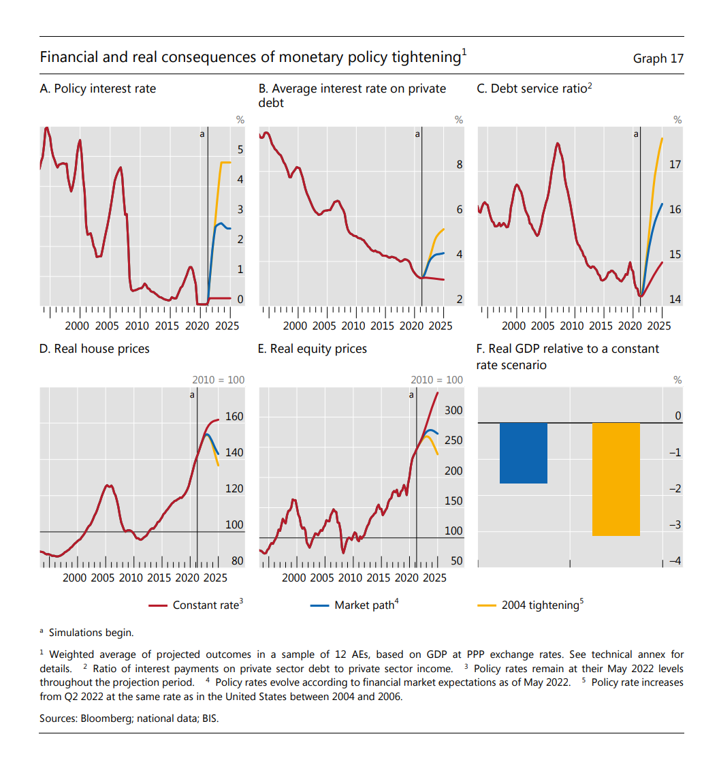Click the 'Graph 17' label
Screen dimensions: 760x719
tap(658, 59)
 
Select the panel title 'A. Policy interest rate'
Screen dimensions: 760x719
tap(97, 89)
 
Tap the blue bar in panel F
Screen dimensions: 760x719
tap(523, 453)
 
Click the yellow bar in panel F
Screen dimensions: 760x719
tap(616, 479)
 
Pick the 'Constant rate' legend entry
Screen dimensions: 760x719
tap(206, 605)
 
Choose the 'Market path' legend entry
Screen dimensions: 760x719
tap(364, 605)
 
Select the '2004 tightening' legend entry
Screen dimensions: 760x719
tap(540, 605)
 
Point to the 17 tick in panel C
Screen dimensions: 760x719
tap(675, 165)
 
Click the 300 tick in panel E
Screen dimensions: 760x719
tap(453, 410)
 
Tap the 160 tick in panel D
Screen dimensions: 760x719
tap(234, 417)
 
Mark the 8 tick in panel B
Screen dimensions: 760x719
tap(459, 165)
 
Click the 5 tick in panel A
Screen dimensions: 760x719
tap(240, 148)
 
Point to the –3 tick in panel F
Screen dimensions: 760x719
tap(673, 525)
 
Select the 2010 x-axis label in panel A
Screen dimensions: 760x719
tap(137, 326)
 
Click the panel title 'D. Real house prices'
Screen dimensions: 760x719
tap(94, 349)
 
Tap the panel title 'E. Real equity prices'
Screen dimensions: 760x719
tap(312, 349)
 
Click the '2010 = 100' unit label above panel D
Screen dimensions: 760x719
tap(218, 380)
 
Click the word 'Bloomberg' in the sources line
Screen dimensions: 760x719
tap(103, 718)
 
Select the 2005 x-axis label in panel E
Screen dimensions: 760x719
tap(321, 577)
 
